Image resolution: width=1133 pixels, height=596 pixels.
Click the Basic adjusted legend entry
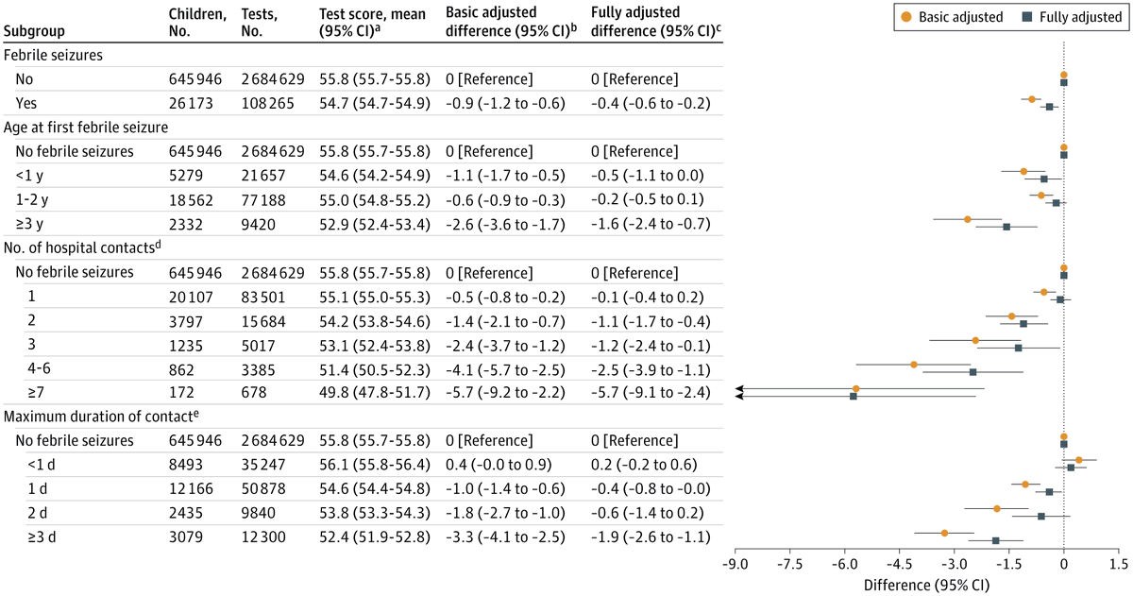[x=952, y=17]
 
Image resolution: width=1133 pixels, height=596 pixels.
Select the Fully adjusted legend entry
[x=1073, y=17]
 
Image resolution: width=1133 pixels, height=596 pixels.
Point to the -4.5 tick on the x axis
[x=899, y=552]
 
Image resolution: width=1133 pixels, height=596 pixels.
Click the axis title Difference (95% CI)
[x=926, y=586]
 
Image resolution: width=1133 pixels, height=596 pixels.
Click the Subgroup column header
[x=34, y=31]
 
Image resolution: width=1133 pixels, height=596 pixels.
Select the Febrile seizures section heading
[x=53, y=55]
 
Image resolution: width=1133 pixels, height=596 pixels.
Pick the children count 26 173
[x=191, y=103]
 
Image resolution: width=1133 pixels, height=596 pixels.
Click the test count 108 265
[x=267, y=103]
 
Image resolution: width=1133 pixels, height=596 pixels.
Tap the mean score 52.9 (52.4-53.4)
[x=375, y=224]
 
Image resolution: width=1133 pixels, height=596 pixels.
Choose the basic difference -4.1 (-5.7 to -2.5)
[x=505, y=370]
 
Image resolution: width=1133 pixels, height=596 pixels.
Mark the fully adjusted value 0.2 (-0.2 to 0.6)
[x=644, y=465]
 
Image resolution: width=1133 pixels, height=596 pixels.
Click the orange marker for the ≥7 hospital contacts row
[x=855, y=388]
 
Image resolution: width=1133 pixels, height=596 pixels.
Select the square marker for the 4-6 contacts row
[x=972, y=372]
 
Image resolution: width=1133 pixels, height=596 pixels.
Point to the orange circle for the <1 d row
[x=1078, y=460]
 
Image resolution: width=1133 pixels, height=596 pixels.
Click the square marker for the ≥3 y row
[x=1006, y=227]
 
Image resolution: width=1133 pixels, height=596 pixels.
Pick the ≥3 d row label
[x=42, y=536]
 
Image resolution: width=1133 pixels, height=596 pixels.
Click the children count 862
[x=181, y=370]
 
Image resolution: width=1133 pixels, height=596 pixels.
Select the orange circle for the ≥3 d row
[x=944, y=533]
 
